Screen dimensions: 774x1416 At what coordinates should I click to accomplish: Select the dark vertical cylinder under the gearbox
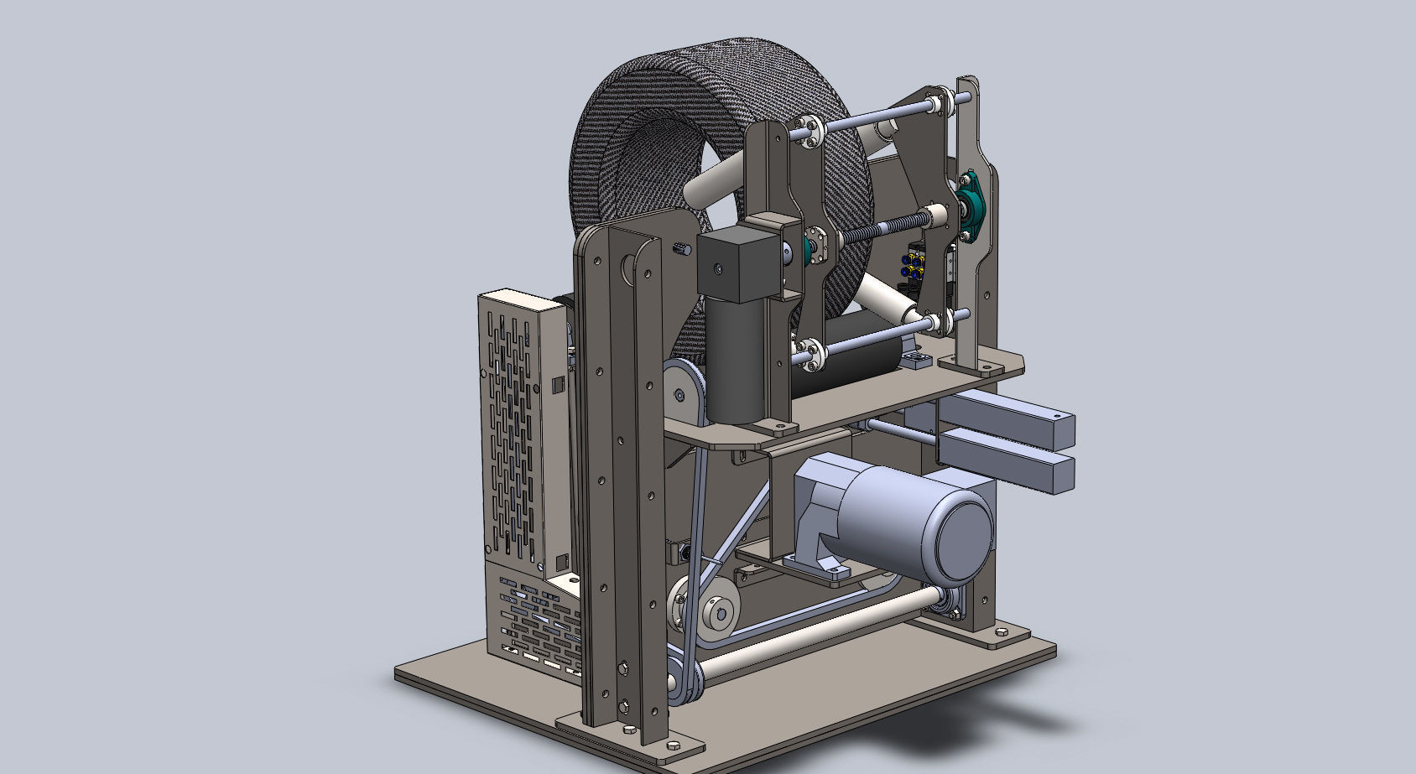click(737, 361)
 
